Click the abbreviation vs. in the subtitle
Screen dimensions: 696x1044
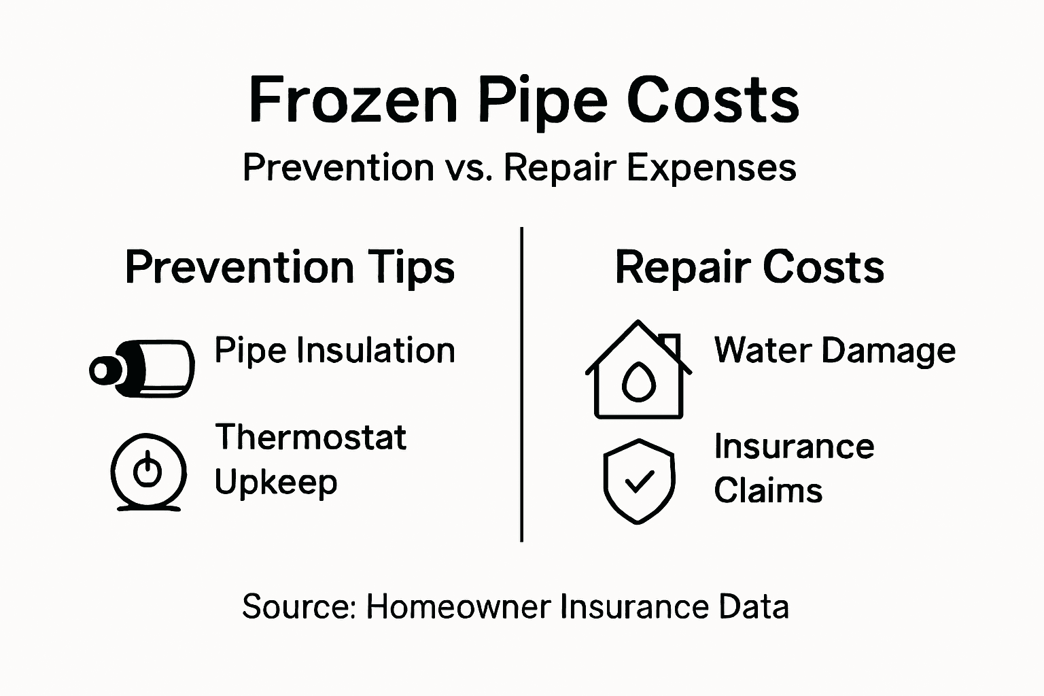point(470,168)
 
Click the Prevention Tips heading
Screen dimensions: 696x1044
point(290,267)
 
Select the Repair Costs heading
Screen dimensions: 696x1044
point(749,267)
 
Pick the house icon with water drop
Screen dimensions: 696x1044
point(638,370)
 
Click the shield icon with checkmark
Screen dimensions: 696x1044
point(639,481)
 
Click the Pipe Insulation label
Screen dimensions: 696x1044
point(334,351)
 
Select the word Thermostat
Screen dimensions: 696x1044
point(311,437)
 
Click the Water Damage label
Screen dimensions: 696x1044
point(835,351)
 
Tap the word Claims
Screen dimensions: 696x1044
point(768,491)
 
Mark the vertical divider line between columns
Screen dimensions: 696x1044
point(521,384)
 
